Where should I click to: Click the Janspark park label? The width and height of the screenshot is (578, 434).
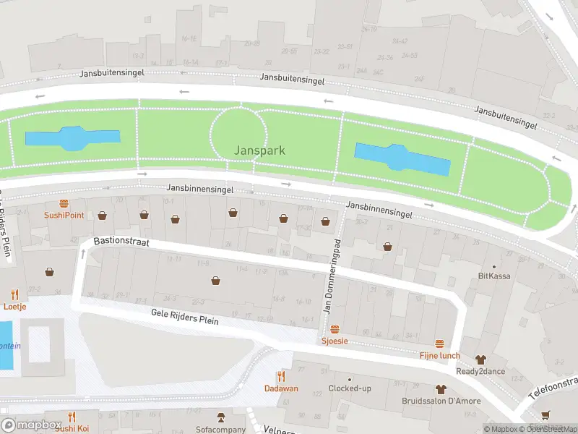click(259, 150)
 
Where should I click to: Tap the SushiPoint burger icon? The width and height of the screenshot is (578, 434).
click(64, 204)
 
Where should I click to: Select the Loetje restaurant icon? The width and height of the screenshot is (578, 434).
click(14, 294)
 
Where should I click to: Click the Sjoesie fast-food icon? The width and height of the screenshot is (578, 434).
click(334, 329)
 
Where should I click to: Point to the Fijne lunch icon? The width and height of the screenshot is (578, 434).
click(439, 344)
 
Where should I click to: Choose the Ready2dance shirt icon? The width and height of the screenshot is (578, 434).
click(480, 359)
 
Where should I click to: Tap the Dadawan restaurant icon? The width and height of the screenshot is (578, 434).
click(281, 376)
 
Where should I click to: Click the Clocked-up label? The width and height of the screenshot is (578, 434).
click(350, 388)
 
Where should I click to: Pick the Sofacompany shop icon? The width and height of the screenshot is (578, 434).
click(221, 417)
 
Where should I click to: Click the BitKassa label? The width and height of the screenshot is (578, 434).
click(494, 276)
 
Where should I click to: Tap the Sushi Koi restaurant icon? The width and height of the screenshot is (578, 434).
click(72, 417)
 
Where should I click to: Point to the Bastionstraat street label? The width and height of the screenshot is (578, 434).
click(121, 242)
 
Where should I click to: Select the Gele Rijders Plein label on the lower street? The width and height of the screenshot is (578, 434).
click(184, 316)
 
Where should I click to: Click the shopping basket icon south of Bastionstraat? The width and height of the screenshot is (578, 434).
click(215, 281)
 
